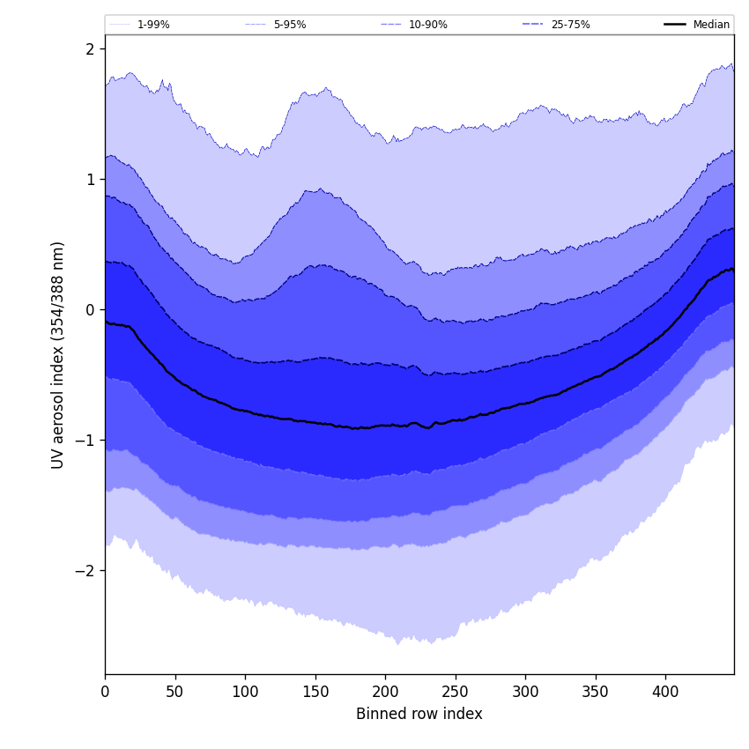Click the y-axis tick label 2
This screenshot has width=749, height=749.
90,49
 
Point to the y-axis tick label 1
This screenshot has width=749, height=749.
90,180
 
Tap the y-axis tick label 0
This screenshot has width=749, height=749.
90,310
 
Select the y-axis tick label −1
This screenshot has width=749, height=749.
85,441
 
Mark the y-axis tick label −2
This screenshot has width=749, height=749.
85,571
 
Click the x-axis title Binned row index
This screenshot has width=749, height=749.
419,715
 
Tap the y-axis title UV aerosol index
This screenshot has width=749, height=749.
58,355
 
